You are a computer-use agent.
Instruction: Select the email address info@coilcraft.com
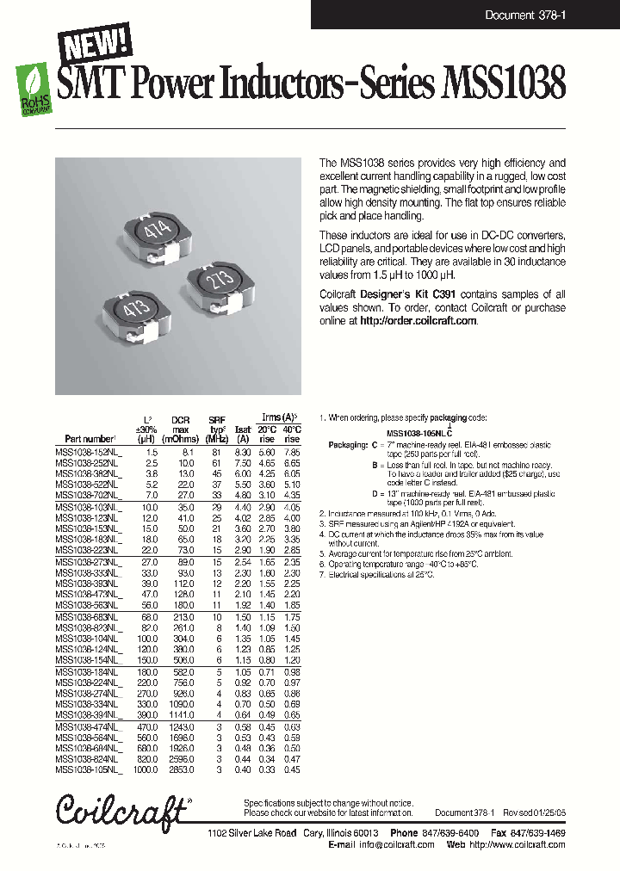396,845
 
